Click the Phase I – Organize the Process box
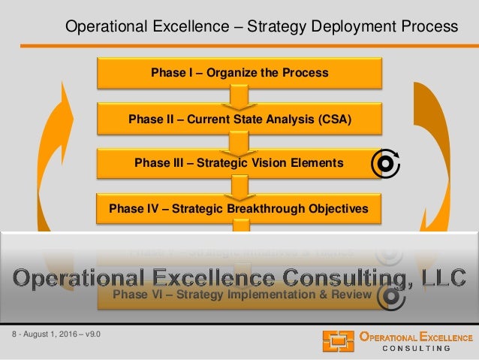pyautogui.click(x=239, y=73)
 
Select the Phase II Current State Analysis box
pyautogui.click(x=239, y=117)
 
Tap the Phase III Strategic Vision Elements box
pyautogui.click(x=238, y=162)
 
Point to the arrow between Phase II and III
pyautogui.click(x=239, y=141)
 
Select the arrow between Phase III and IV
pyautogui.click(x=239, y=185)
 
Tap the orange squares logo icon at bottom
pyautogui.click(x=338, y=341)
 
